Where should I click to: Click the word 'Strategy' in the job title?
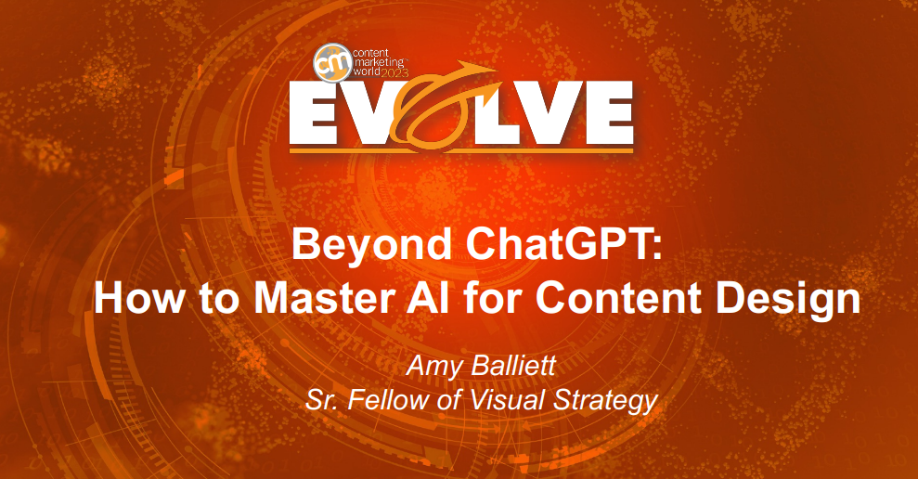pos(605,401)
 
